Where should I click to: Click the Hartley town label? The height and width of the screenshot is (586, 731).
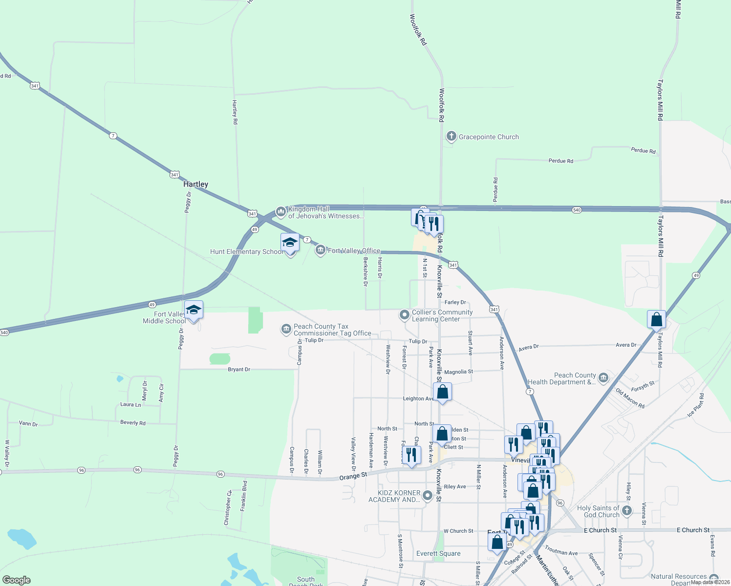tap(195, 184)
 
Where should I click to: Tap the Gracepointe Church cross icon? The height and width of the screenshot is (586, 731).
tap(451, 136)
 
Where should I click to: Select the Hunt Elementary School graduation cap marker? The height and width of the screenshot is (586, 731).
tap(290, 243)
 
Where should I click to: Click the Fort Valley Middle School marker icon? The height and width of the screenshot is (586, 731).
tap(193, 310)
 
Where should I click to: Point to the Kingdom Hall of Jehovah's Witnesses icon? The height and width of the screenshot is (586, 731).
tap(280, 211)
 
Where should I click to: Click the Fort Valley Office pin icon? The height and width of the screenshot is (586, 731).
tap(321, 251)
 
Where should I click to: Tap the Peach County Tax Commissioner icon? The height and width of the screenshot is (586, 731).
tap(286, 330)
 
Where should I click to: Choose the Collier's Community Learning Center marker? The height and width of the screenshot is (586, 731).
tap(404, 315)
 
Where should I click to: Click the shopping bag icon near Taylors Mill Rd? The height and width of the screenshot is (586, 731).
tap(657, 320)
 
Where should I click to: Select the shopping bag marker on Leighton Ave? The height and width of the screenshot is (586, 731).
tap(442, 392)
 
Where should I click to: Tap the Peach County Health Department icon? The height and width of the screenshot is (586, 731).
tap(603, 378)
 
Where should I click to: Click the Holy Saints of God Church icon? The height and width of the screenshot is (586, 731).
tap(627, 511)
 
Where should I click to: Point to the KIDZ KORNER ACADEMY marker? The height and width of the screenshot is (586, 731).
tap(428, 496)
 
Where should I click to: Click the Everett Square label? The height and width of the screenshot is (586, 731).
tap(438, 553)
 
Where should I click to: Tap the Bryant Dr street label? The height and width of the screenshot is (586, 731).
tap(239, 370)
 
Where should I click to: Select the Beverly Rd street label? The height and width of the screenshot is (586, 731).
tap(133, 422)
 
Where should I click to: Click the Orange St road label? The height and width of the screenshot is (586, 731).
tap(353, 476)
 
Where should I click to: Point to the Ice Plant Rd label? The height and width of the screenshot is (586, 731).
tap(696, 405)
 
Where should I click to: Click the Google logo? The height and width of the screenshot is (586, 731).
tap(17, 580)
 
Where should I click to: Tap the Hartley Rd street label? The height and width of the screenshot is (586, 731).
tap(235, 112)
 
